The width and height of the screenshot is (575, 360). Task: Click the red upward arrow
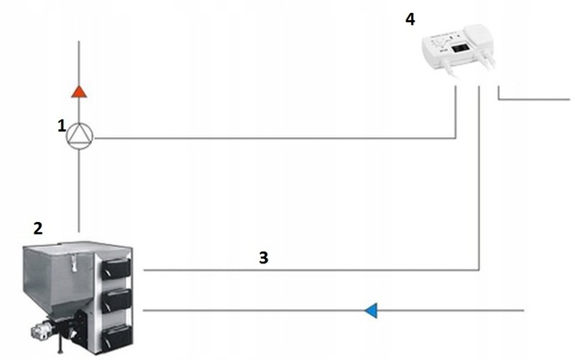pyautogui.click(x=78, y=90)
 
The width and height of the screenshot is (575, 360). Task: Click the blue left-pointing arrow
pyautogui.click(x=371, y=310)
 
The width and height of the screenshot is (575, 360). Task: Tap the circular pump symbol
pyautogui.click(x=79, y=137)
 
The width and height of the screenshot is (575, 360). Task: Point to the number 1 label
pyautogui.click(x=61, y=125)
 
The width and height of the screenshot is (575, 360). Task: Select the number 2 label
pyautogui.click(x=38, y=228)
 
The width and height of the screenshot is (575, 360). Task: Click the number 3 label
pyautogui.click(x=263, y=258)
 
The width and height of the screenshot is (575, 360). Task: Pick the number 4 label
pyautogui.click(x=410, y=18)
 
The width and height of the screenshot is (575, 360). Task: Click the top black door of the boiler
pyautogui.click(x=116, y=269)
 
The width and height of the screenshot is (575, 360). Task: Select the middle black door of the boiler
pyautogui.click(x=116, y=303)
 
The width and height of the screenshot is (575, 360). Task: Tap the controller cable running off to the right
pyautogui.click(x=535, y=100)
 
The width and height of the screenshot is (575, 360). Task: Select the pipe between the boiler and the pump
pyautogui.click(x=79, y=192)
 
